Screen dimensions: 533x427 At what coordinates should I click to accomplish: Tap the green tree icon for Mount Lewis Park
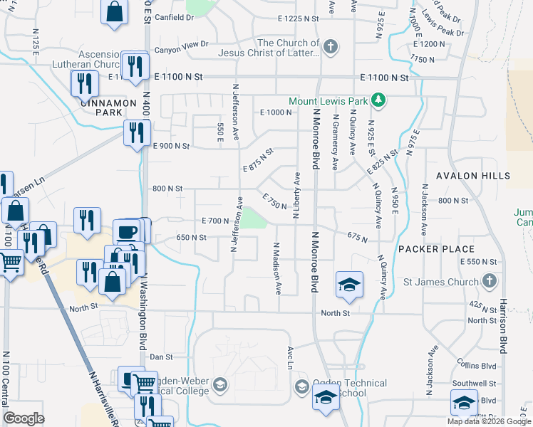click(380, 101)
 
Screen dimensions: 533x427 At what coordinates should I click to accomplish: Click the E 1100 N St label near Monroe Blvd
click(384, 77)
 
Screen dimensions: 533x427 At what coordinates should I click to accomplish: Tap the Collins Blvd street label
click(477, 365)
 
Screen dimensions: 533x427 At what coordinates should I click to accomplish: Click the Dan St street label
click(162, 357)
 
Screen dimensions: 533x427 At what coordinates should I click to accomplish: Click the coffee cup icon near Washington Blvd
click(128, 231)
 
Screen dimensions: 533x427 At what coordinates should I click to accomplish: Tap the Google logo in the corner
click(24, 418)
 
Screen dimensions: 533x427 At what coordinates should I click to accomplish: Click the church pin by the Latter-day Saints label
click(329, 47)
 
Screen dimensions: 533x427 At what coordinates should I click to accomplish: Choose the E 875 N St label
click(258, 160)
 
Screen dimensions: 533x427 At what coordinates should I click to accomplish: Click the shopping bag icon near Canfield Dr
click(114, 12)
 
